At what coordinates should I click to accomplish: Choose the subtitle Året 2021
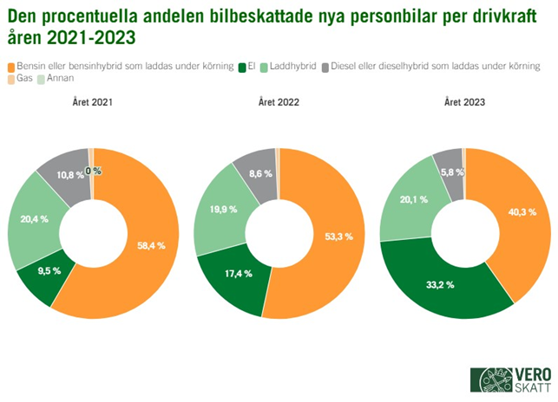click(x=92, y=102)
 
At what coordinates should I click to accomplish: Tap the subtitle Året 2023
click(x=464, y=102)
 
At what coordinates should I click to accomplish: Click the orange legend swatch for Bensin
click(x=10, y=67)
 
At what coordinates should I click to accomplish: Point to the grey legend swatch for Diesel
click(x=325, y=67)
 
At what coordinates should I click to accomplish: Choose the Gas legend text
click(x=23, y=80)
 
